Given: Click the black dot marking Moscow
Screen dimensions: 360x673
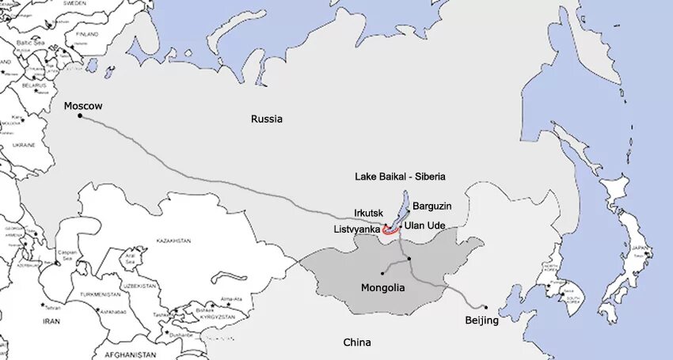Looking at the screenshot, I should point(80,116).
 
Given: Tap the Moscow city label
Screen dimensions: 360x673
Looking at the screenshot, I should point(83,106).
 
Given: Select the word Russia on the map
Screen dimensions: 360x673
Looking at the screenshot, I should point(267,119).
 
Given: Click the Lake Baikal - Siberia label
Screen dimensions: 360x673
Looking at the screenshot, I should point(400,176).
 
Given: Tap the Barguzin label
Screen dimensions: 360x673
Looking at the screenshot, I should point(432,207).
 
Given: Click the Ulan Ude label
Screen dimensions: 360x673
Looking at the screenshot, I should point(424,225).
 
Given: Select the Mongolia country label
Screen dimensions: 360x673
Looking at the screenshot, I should point(382,288).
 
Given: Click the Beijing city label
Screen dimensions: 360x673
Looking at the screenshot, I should point(481,320).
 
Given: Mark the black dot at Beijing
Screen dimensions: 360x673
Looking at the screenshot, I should point(485,308).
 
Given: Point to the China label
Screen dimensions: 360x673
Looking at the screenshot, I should point(356,343).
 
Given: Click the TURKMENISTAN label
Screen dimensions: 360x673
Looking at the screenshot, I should point(100,294).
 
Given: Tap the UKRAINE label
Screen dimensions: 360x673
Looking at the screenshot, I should point(24,146).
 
